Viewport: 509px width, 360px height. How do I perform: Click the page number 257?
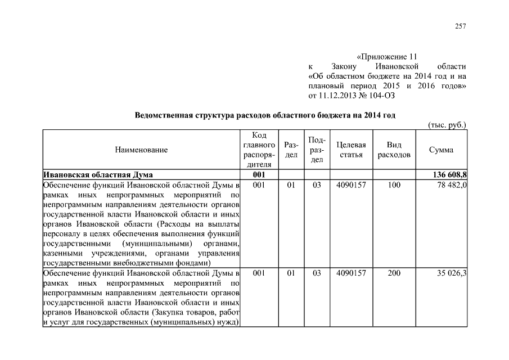pos(461,26)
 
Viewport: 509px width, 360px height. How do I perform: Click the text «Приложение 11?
pos(389,57)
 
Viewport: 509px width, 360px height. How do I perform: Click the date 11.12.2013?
pos(342,95)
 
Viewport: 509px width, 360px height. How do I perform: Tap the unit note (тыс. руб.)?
pos(447,125)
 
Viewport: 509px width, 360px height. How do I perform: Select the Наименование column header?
pos(141,150)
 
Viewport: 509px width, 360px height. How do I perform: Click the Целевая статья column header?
pos(351,150)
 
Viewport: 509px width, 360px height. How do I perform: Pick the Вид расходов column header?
pos(394,150)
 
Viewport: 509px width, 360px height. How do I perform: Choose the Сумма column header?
pos(441,150)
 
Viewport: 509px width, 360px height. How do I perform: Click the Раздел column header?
pos(291,150)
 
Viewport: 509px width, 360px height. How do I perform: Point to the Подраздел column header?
pos(317,150)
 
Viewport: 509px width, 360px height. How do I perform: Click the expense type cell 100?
pos(394,184)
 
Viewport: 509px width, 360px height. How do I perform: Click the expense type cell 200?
pos(394,273)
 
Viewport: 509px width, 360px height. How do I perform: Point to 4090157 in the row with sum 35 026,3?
pos(351,273)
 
